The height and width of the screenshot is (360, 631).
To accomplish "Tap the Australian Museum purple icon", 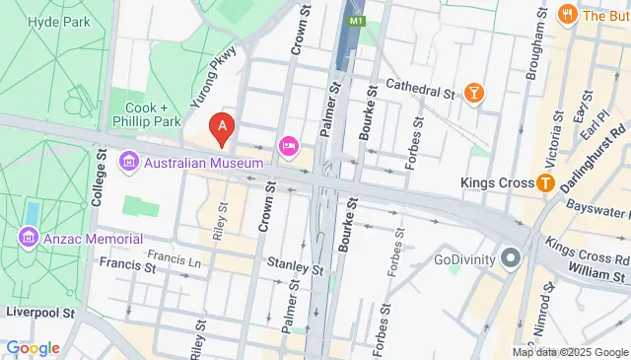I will point(129,162).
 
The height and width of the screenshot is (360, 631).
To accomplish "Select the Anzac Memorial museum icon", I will point(28,239).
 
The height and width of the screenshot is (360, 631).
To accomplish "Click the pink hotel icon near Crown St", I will point(288,146).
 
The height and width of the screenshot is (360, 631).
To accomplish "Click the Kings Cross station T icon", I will point(543,182).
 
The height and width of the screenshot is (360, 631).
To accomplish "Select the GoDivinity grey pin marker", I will point(510,260).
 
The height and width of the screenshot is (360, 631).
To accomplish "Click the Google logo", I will point(33,347).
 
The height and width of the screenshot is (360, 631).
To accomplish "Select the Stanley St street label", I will point(295,266).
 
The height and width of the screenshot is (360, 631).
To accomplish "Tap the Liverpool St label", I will point(39,312).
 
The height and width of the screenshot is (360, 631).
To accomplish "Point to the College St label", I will point(99,178).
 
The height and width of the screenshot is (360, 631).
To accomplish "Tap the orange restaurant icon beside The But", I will point(566,14).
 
